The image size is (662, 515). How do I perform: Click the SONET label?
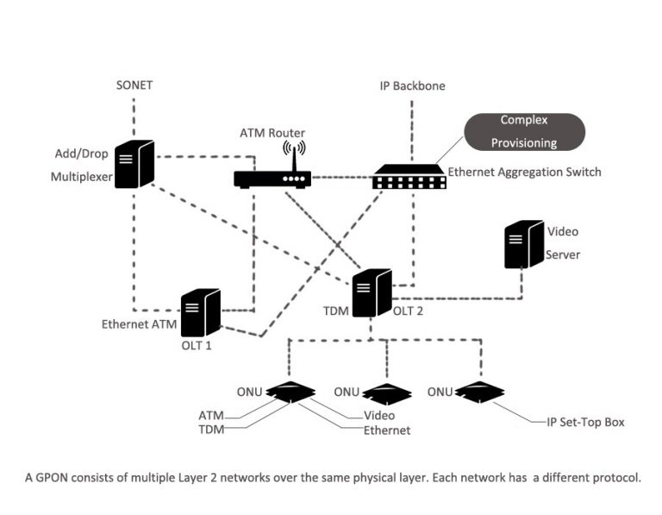134,85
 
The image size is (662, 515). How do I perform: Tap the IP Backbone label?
412,85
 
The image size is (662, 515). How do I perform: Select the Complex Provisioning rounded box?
523,132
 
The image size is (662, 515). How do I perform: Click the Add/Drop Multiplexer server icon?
135,164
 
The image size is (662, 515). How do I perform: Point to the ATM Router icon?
272,179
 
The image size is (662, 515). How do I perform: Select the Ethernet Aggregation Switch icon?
409,177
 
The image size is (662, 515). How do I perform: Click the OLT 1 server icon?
201,312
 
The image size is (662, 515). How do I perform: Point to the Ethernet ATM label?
140,325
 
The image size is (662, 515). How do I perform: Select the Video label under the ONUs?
378,416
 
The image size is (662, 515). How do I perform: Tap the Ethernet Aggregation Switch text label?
524,173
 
